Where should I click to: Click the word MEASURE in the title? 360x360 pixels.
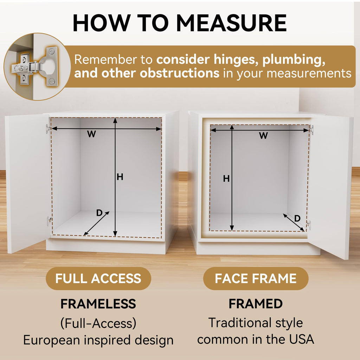coord(231,23)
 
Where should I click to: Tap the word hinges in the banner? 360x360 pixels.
coord(234,60)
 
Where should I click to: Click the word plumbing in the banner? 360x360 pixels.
coord(294,60)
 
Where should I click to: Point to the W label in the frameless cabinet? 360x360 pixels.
coord(91,134)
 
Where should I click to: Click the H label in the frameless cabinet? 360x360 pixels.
coord(120,177)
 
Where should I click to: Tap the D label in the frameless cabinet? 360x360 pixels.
coord(99,213)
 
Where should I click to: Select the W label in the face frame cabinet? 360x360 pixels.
coord(263,136)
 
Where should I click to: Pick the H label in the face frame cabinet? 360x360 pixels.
coord(226,178)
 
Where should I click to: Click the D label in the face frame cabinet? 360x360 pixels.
coord(297,218)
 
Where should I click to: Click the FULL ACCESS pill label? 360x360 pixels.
coord(98,278)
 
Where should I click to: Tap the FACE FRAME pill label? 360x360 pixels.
coord(256,278)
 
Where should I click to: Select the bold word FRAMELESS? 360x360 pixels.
coord(98,304)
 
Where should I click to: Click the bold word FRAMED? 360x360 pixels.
coord(256,304)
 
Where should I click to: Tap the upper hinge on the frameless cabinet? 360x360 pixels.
coord(48,128)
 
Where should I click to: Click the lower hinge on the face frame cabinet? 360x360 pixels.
coord(309,225)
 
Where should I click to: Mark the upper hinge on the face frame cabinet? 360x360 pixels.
coord(311,129)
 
